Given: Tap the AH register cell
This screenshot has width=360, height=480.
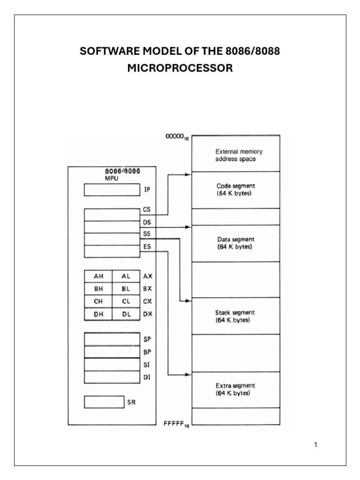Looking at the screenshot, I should tap(98, 277).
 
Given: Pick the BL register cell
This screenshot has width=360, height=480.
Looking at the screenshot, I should tap(126, 289).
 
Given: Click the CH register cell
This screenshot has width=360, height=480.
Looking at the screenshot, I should tap(98, 301).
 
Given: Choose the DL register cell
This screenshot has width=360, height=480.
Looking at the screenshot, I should tap(126, 314).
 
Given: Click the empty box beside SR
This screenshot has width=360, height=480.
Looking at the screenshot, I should tap(104, 402).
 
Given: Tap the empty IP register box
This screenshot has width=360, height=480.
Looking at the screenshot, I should tap(112, 190).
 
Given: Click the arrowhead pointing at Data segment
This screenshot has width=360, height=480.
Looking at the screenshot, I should tap(188, 227).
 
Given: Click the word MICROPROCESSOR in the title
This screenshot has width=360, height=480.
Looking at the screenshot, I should tap(180, 68).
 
